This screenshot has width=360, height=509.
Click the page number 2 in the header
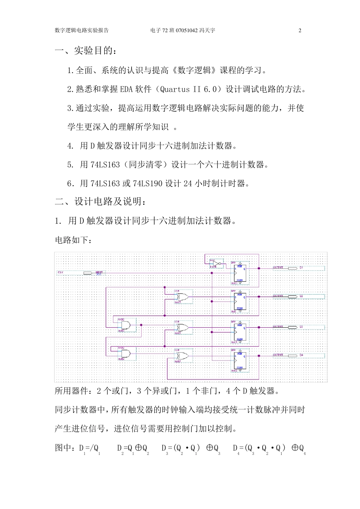[x=300, y=31]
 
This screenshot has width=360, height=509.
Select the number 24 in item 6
[x=188, y=184]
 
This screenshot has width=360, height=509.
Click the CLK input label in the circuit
[x=61, y=272]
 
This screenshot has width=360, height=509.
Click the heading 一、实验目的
[x=86, y=51]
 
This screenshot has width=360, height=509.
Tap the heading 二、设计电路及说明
[x=100, y=201]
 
